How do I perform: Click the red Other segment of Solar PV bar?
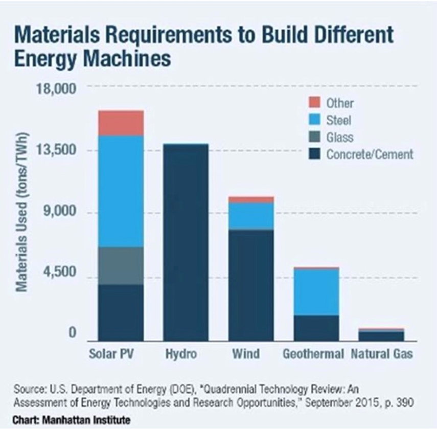(x=121, y=123)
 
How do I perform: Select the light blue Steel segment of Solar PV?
(x=121, y=191)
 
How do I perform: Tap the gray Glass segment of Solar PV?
(x=121, y=266)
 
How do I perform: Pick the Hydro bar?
(x=186, y=242)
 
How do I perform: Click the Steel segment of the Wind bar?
(x=251, y=216)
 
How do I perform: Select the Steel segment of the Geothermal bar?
(x=316, y=291)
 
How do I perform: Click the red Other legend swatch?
(x=315, y=102)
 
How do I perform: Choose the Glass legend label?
(x=340, y=137)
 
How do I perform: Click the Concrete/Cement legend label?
(x=370, y=154)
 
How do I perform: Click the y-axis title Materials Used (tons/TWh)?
(x=22, y=212)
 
